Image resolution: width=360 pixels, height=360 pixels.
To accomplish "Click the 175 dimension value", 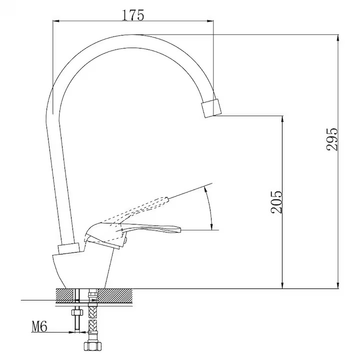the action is (x=133, y=15).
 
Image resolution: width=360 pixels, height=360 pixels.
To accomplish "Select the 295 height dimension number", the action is (x=332, y=139).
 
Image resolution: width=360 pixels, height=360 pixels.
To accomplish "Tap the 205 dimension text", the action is (x=276, y=202).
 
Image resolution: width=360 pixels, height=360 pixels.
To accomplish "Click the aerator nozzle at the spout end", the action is (x=211, y=108).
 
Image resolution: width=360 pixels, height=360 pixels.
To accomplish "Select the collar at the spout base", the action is (x=68, y=248).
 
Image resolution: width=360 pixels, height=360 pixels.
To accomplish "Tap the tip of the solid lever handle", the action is (x=180, y=229).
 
